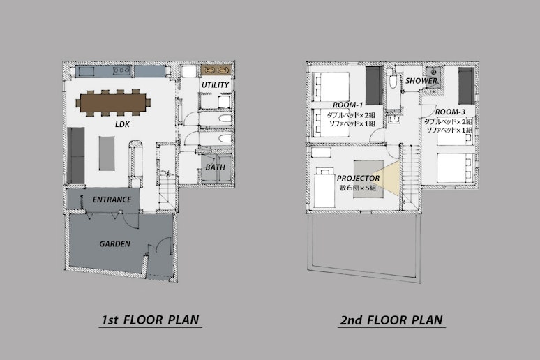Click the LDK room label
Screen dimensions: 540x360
pyautogui.click(x=122, y=124)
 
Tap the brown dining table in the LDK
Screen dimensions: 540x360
pyautogui.click(x=113, y=103)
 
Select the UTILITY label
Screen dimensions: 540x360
pyautogui.click(x=216, y=85)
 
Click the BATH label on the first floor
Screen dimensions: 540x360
pyautogui.click(x=216, y=167)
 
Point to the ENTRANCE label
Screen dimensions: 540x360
pyautogui.click(x=112, y=200)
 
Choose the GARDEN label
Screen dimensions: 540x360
pyautogui.click(x=114, y=244)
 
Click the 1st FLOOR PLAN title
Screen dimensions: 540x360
pyautogui.click(x=150, y=320)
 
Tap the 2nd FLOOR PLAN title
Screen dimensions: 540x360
pyautogui.click(x=391, y=320)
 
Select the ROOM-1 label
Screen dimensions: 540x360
pyautogui.click(x=347, y=105)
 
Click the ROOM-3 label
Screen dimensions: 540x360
pyautogui.click(x=450, y=112)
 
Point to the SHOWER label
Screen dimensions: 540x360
pyautogui.click(x=421, y=81)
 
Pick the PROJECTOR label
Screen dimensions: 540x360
pyautogui.click(x=358, y=179)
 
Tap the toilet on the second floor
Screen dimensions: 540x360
pyautogui.click(x=393, y=82)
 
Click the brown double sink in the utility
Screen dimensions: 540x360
pyautogui.click(x=216, y=70)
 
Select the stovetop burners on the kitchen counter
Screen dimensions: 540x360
pyautogui.click(x=121, y=70)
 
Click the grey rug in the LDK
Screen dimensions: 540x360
pyautogui.click(x=107, y=153)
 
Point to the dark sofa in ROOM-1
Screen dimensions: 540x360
pyautogui.click(x=374, y=86)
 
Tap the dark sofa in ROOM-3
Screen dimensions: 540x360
pyautogui.click(x=466, y=86)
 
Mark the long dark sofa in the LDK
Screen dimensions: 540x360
pyautogui.click(x=76, y=156)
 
